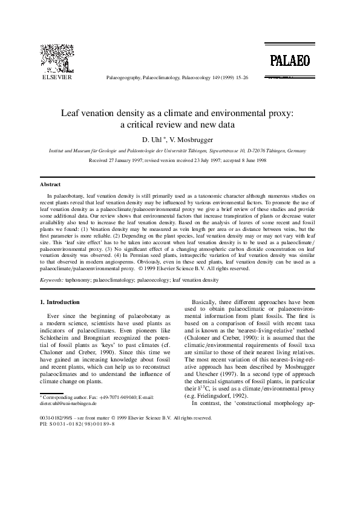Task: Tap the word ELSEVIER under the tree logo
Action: point(56,78)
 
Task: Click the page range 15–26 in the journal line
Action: point(240,78)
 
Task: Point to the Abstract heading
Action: point(50,184)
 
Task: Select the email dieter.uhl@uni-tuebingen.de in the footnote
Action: point(70,403)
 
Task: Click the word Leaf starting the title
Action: point(71,112)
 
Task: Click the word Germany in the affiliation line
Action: point(284,150)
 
